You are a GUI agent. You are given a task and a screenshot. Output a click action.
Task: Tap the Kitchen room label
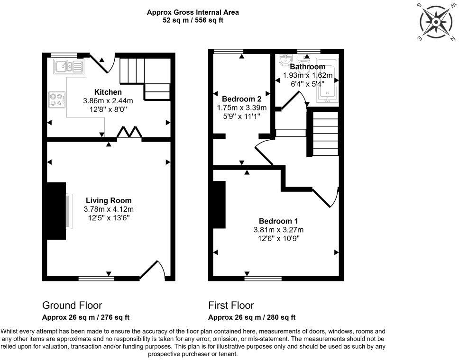108,92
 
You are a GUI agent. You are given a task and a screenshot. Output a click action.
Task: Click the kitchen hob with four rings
57,99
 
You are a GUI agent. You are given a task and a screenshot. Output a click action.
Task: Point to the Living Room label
109,200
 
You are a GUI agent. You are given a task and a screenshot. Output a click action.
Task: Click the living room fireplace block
56,211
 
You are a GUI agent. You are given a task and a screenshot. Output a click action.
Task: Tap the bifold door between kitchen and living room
129,133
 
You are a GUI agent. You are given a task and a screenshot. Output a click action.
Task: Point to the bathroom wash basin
285,61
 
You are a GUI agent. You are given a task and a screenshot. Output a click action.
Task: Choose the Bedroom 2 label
242,99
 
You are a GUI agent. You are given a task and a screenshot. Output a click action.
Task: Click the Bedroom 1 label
278,221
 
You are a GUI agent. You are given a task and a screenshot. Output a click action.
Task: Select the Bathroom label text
308,67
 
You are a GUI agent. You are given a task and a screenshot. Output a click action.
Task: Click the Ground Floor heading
72,305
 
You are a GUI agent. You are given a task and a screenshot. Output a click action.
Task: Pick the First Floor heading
231,305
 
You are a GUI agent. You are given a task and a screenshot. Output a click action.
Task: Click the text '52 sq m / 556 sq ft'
193,20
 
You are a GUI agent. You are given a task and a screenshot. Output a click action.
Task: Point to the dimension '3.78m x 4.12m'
109,209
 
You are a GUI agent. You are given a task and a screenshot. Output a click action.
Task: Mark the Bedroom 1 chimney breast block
219,205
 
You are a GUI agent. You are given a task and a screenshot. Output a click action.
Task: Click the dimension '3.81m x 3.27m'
278,230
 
